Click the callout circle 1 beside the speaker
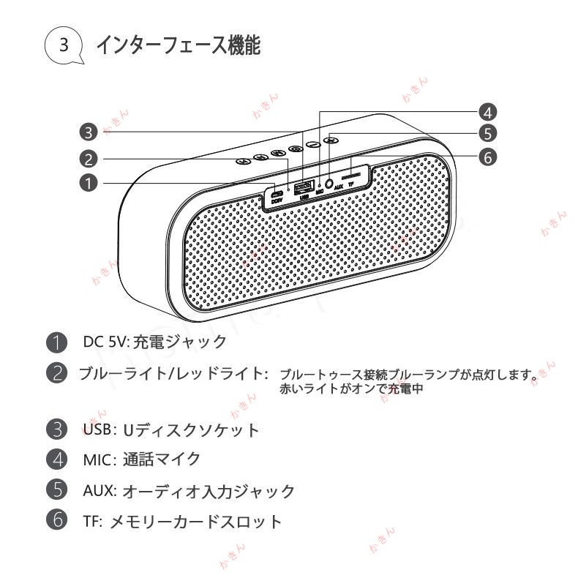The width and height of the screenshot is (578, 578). coord(89,183)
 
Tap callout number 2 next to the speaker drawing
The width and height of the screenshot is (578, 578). coord(89,159)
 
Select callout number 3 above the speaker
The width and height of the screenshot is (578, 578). coord(89,132)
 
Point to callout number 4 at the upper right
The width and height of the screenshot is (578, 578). coord(488,111)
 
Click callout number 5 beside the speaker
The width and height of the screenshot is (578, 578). coord(488,133)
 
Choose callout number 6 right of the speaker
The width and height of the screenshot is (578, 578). coord(488,157)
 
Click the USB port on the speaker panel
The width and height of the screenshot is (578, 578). coord(304,186)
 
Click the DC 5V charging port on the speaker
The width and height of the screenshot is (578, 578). coord(276,195)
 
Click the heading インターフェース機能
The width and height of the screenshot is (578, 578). coord(179,45)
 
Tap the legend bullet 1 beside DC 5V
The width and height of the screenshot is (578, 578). coord(56,342)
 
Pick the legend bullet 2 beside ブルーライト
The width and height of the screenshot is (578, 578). coord(56,373)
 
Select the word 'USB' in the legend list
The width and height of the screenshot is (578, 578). coord(97,429)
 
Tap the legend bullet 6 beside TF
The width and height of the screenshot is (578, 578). coord(56,521)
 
